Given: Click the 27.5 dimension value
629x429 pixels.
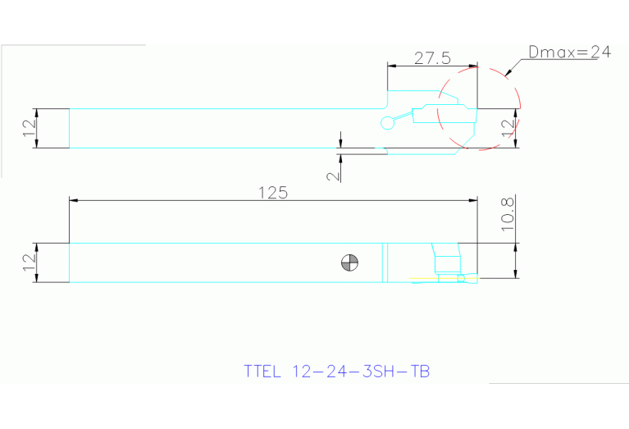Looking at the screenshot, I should pos(432,57).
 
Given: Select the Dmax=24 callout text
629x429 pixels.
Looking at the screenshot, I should pos(570,52).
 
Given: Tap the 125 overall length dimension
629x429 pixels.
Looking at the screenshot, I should pos(273,193).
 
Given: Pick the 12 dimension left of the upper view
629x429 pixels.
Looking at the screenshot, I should pos(29,128).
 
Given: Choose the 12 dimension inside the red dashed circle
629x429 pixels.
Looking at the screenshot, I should pos(508,127).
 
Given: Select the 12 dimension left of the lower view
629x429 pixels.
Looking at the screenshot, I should pos(29,262).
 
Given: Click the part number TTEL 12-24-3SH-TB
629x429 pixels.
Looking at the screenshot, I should pos(337,371).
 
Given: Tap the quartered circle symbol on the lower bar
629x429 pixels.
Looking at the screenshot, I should pos(350,262).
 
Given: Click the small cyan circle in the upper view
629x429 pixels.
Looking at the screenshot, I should pos(388,123).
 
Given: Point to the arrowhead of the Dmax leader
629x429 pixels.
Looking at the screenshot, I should pos(508,73).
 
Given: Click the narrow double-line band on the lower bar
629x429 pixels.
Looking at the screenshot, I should pos(384,262).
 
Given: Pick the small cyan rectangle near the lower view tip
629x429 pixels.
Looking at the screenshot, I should pos(447,263).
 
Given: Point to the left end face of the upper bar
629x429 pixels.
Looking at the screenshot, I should pos(69,128).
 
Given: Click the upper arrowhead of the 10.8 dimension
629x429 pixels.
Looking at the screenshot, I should pos(515,247).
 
